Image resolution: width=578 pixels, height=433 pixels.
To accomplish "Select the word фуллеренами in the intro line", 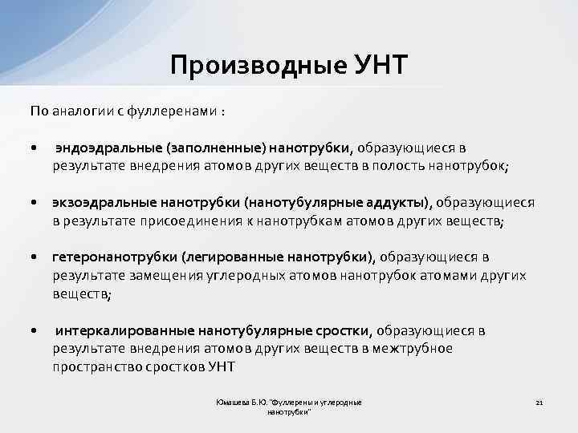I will click(x=169, y=110).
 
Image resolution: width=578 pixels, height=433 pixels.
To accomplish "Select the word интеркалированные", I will click(x=117, y=330).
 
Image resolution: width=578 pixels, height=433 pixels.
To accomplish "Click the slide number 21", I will click(x=539, y=402).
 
